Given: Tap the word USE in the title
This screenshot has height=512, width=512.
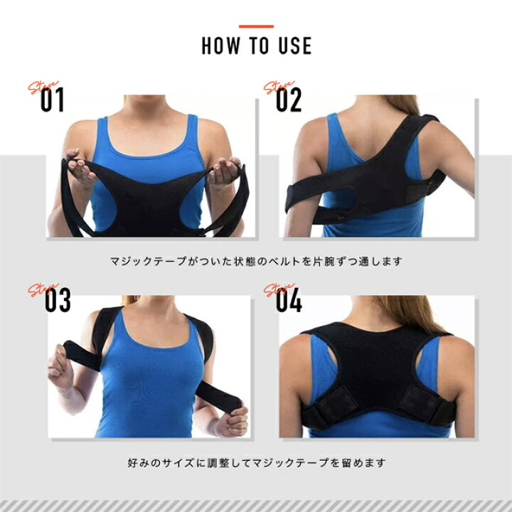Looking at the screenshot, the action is [x=295, y=46].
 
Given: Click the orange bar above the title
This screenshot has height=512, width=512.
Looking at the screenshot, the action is [x=256, y=26].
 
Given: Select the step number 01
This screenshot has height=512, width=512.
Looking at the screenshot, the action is [x=52, y=100].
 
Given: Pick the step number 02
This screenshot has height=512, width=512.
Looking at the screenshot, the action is [x=289, y=100].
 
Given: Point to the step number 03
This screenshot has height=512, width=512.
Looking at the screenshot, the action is [x=58, y=300].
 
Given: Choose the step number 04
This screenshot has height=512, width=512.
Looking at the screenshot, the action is [x=289, y=300].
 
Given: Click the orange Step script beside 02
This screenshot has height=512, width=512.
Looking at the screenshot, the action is [x=278, y=86].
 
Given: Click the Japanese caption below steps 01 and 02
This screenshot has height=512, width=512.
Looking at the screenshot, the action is [x=256, y=261].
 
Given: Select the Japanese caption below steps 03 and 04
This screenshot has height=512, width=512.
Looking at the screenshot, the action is [x=256, y=463].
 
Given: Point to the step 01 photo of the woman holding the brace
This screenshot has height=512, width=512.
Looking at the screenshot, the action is [x=151, y=166].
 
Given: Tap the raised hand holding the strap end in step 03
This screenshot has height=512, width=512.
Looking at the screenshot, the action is [x=60, y=368].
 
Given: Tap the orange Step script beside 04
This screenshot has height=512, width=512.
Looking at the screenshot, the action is [x=278, y=289].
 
